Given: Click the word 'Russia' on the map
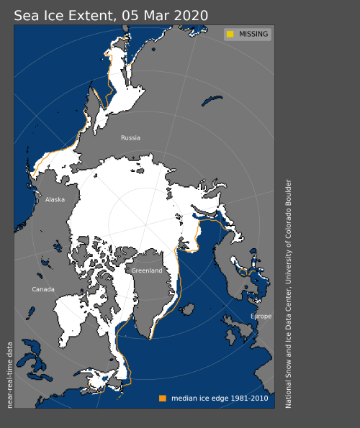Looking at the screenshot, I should click(x=130, y=137).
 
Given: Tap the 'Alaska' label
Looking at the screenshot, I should click(x=55, y=200).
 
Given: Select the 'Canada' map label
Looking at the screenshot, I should click(x=42, y=289).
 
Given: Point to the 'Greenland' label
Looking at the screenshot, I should click(x=146, y=270).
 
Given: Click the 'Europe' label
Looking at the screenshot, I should click(x=261, y=317).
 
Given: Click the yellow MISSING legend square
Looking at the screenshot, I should click(x=230, y=34).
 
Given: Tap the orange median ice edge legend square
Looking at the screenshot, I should click(x=163, y=398).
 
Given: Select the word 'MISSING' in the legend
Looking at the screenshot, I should click(x=253, y=34).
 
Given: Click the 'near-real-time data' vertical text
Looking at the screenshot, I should click(x=10, y=375).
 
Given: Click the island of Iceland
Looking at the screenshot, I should click(x=187, y=309).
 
